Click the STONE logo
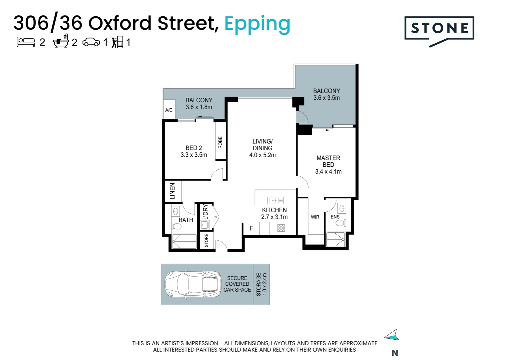[x=439, y=31]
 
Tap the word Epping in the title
[x=257, y=25]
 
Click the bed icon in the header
[x=26, y=42]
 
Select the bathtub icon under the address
[x=61, y=41]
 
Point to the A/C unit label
[x=169, y=110]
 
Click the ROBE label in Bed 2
[x=220, y=142]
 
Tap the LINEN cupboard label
[x=173, y=191]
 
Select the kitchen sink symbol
[x=275, y=200]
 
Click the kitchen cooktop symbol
[x=281, y=228]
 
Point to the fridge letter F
[x=251, y=228]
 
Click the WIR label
[x=315, y=217]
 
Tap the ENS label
[x=335, y=217]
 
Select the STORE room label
[x=206, y=240]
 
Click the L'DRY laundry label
[x=206, y=212]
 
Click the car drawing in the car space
[x=193, y=284]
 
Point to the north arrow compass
[x=392, y=335]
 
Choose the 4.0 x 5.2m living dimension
[x=262, y=155]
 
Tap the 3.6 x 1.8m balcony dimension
[x=199, y=107]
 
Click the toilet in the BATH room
[x=176, y=226]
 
